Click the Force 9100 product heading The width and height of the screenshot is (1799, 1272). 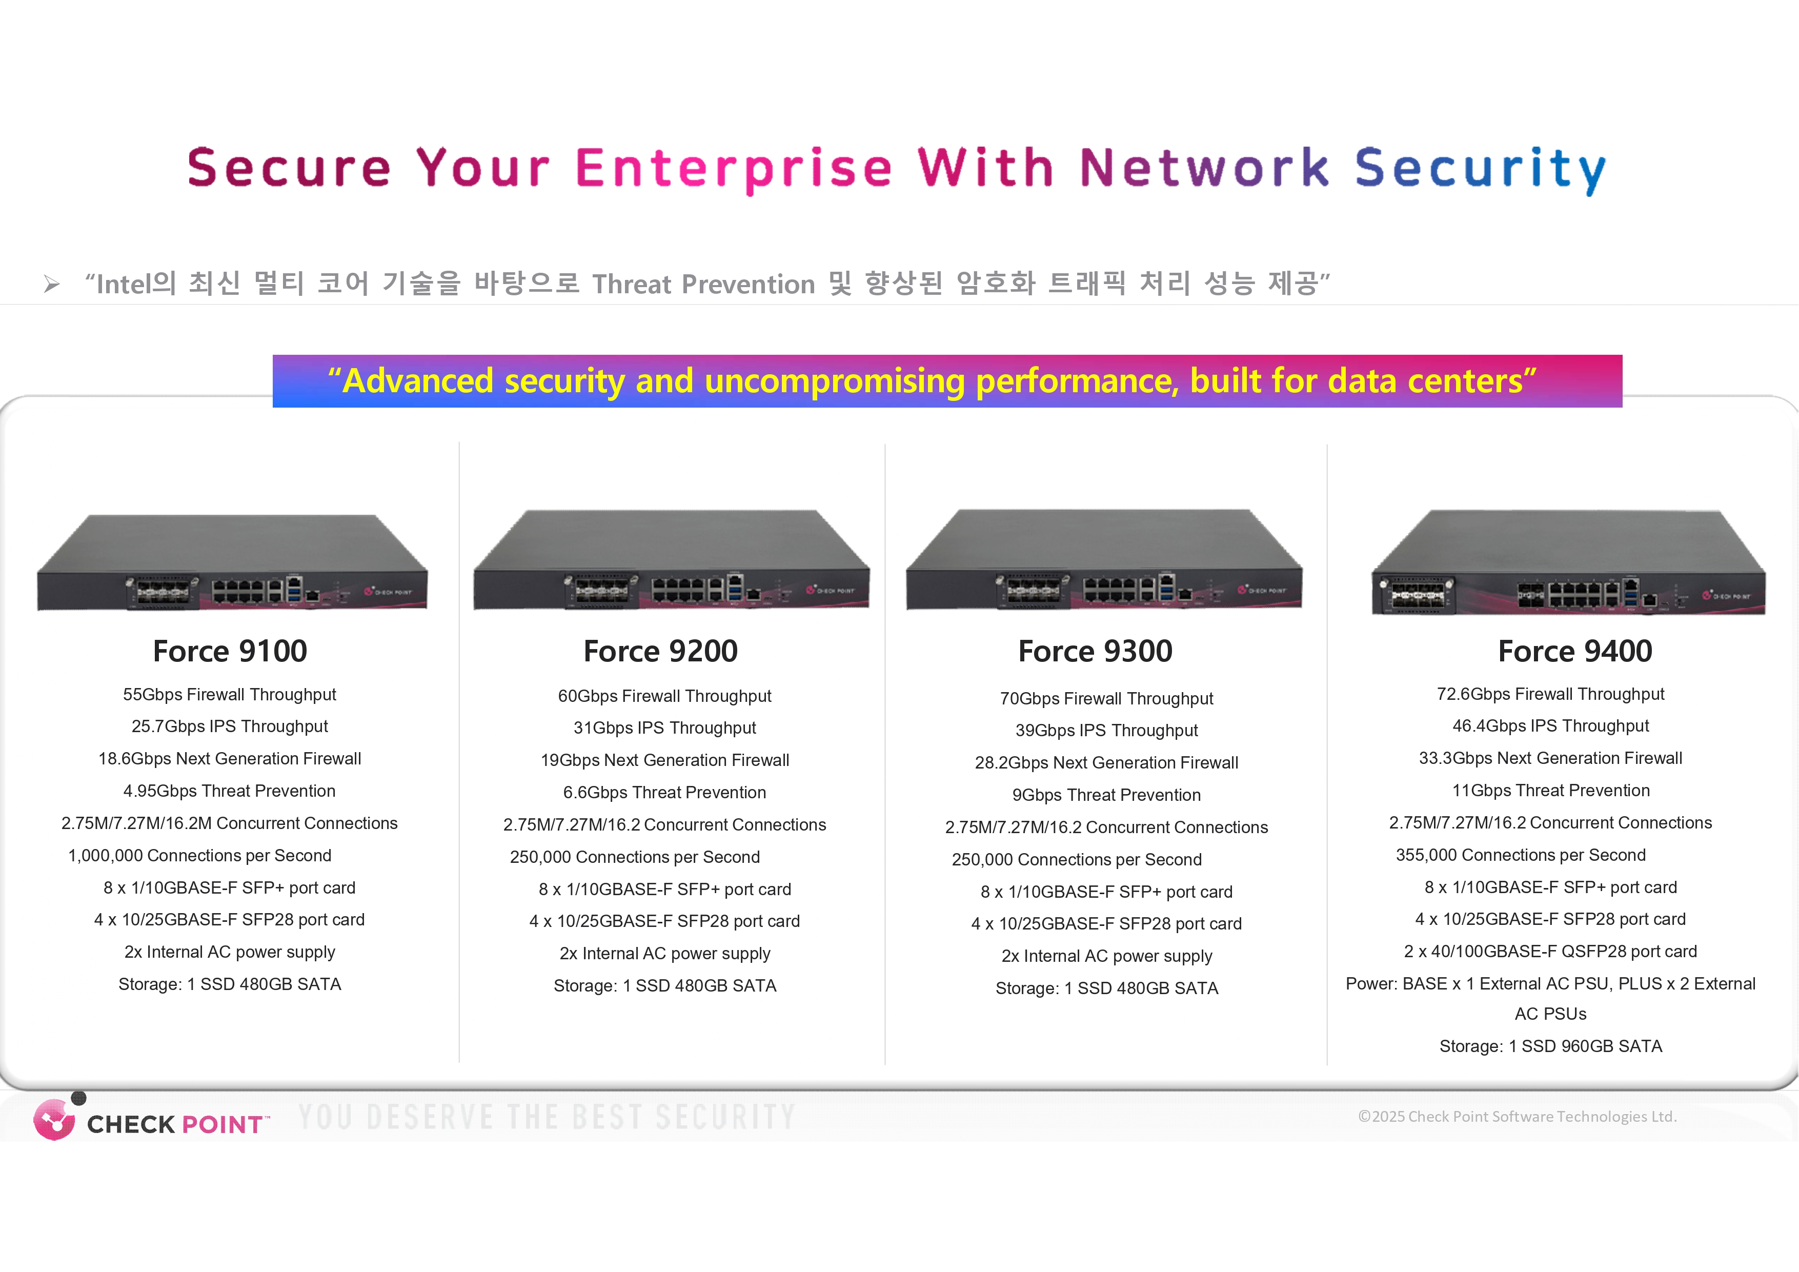[x=230, y=651]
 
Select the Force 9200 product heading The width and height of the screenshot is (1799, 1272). [x=660, y=651]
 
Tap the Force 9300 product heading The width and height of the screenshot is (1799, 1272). [x=1095, y=651]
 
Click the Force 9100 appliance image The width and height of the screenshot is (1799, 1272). [x=232, y=563]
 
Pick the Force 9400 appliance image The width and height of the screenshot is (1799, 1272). [x=1568, y=563]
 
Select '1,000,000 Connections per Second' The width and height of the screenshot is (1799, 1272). [x=200, y=856]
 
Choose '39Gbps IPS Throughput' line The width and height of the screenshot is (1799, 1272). [x=1106, y=731]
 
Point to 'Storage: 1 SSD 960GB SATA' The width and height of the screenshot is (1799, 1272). [x=1551, y=1046]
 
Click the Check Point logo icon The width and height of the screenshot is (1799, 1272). [x=54, y=1119]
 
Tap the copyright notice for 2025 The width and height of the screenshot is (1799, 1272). [x=1517, y=1117]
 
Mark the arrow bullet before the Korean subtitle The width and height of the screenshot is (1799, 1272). [x=52, y=284]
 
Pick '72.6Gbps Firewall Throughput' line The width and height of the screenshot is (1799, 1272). [x=1551, y=694]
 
